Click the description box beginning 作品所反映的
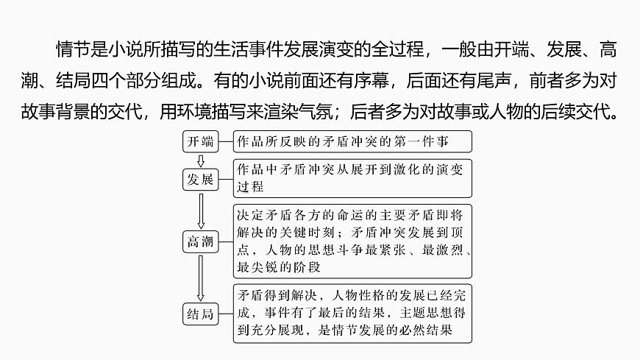(x=352, y=141)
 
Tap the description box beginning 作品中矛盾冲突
(x=352, y=178)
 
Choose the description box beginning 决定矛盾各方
(x=352, y=241)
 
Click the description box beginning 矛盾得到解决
(x=352, y=314)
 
